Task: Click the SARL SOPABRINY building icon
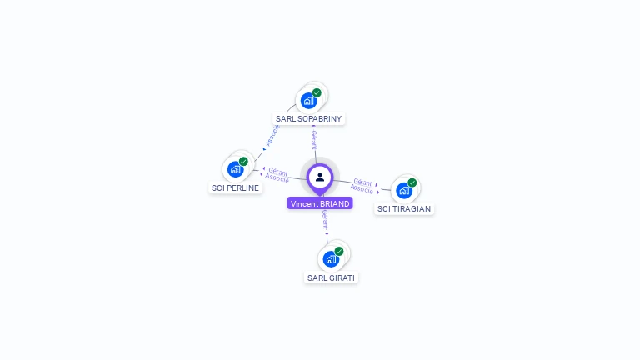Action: pyautogui.click(x=309, y=101)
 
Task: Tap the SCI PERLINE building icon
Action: pyautogui.click(x=235, y=169)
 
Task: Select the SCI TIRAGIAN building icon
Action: pyautogui.click(x=404, y=190)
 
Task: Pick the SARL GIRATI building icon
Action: pyautogui.click(x=331, y=258)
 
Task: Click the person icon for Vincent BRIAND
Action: pyautogui.click(x=320, y=177)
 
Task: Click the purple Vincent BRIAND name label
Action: pyautogui.click(x=320, y=203)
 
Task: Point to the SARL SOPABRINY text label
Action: pyautogui.click(x=309, y=119)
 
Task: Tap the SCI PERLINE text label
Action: pyautogui.click(x=236, y=187)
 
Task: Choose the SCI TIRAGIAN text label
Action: pyautogui.click(x=404, y=208)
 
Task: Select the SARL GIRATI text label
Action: pyautogui.click(x=331, y=277)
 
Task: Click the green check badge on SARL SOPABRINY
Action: pyautogui.click(x=317, y=93)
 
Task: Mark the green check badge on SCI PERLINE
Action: pyautogui.click(x=243, y=162)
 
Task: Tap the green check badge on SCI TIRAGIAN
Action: pyautogui.click(x=412, y=182)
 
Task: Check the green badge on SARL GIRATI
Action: pyautogui.click(x=339, y=251)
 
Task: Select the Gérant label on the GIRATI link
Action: pyautogui.click(x=325, y=220)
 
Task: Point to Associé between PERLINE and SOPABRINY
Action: pyautogui.click(x=272, y=136)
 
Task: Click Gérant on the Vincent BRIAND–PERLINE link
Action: pyautogui.click(x=278, y=171)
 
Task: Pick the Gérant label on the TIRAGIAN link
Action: pyautogui.click(x=362, y=181)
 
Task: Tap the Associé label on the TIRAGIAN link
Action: pyautogui.click(x=362, y=189)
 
